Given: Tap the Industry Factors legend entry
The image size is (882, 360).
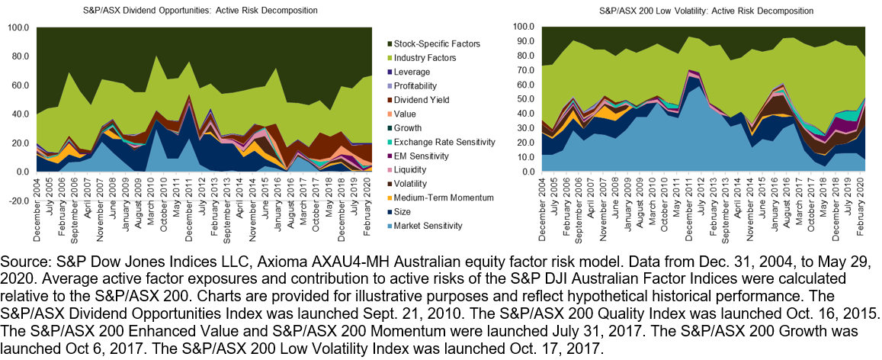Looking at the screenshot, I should [x=422, y=58].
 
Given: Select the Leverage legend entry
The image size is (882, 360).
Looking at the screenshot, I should [x=412, y=72].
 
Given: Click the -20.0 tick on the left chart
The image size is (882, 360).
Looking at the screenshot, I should [x=18, y=202].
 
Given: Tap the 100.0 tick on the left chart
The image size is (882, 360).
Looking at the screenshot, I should [x=18, y=27].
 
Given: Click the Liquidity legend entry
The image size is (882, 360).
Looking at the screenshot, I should [x=410, y=169].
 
